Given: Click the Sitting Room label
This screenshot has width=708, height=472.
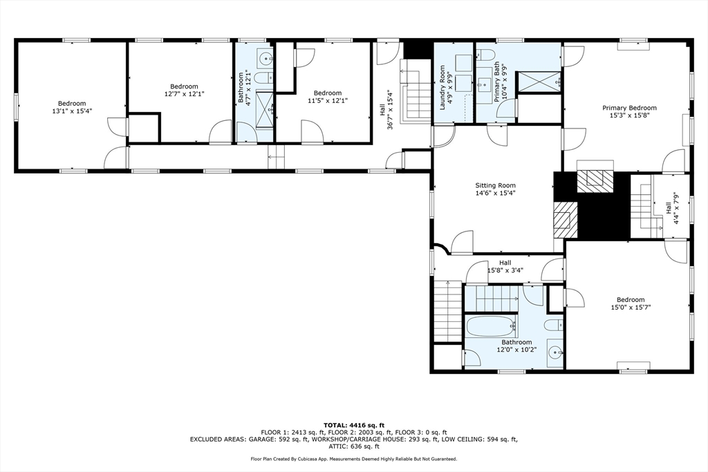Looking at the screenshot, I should tap(495, 185).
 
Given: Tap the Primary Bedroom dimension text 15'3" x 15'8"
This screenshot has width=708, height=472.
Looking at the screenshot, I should tap(629, 116).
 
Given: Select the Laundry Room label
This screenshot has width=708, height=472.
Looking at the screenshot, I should tap(443, 84).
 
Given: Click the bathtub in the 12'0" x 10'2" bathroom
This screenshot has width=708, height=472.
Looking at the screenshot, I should tap(490, 325).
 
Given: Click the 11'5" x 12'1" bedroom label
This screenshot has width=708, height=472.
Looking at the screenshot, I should tap(327, 101).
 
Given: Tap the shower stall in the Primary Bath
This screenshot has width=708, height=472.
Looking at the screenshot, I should tap(539, 80).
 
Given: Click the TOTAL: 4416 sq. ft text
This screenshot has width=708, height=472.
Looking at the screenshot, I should tap(353, 425).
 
